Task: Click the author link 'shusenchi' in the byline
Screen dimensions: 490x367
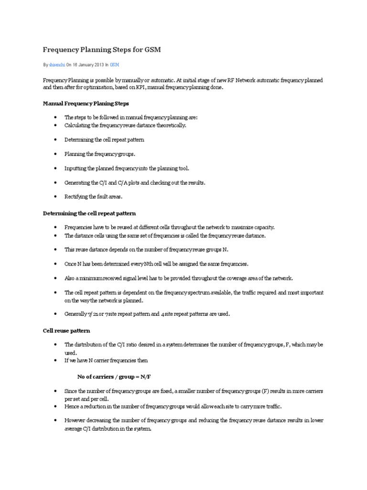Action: pos(56,64)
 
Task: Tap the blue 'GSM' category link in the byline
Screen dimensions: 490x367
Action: pos(115,64)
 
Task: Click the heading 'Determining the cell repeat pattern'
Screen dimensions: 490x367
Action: pos(90,213)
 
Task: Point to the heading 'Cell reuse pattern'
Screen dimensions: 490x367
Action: pos(66,331)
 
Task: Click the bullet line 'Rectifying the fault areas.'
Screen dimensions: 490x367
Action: pos(94,196)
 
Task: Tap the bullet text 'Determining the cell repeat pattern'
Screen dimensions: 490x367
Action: pos(104,140)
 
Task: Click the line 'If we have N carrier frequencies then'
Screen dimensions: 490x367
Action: pos(110,359)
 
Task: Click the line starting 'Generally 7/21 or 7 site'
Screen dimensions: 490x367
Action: pos(147,314)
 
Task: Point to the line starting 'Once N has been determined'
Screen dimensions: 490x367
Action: pos(157,264)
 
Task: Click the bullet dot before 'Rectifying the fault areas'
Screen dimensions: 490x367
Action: pos(56,197)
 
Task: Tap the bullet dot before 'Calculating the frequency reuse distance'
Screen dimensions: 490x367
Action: pos(56,125)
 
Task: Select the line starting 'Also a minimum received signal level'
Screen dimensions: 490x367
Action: pos(180,278)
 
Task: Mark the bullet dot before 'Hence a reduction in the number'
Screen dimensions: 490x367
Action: pos(56,406)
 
